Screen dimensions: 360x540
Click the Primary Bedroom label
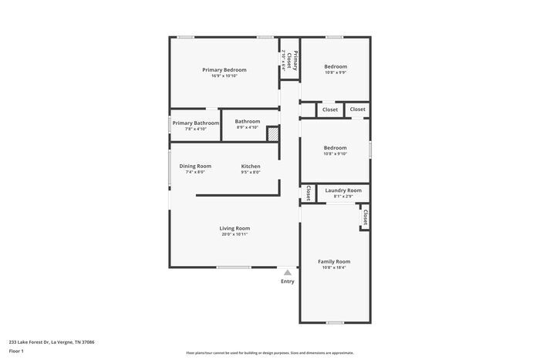coord(224,70)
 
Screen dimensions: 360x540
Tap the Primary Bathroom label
coord(195,123)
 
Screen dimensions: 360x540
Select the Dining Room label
coord(195,167)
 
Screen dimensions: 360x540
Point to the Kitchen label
coord(251,167)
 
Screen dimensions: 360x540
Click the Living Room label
coord(235,228)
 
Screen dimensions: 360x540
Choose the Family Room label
coord(334,261)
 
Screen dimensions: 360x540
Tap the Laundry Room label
coord(343,190)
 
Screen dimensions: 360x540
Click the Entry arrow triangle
coord(288,272)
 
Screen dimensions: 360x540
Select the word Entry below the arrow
coord(288,281)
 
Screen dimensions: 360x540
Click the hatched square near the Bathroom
coord(272,134)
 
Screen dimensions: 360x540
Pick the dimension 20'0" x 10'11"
coord(235,234)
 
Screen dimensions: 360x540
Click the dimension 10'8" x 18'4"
coord(334,267)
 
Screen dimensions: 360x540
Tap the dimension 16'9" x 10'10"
coord(224,76)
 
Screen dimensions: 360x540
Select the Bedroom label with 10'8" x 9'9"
coord(336,66)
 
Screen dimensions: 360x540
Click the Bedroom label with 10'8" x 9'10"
coord(336,148)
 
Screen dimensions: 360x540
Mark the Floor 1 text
coord(16,351)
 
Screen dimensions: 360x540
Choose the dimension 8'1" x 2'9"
coord(343,197)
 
